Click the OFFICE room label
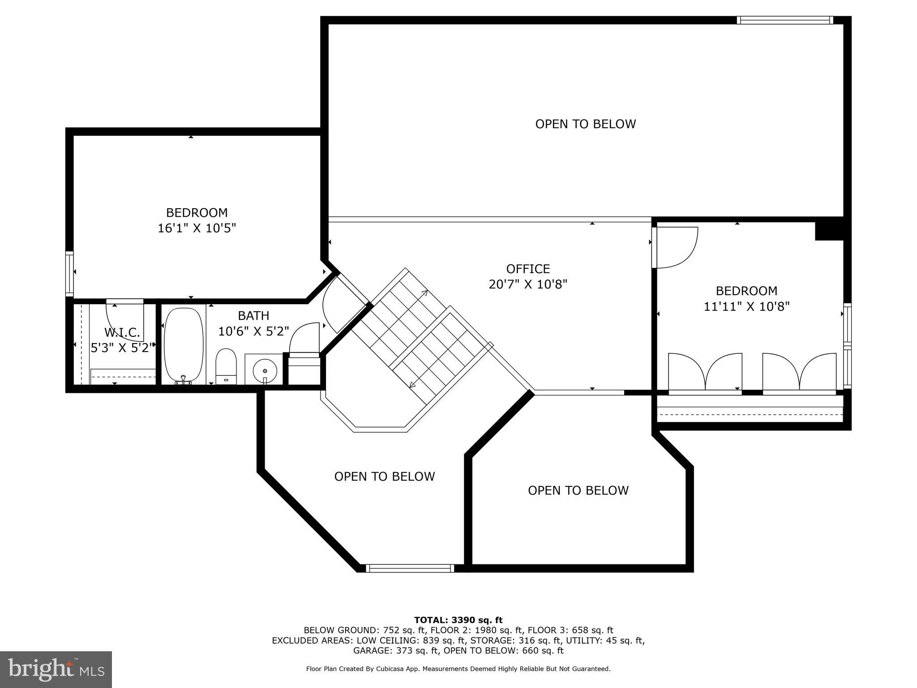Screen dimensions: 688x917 click(528, 269)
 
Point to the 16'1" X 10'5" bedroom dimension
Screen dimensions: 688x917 click(197, 228)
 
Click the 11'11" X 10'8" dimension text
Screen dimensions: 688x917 click(746, 307)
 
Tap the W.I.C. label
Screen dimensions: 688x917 click(122, 332)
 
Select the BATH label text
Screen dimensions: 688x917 click(253, 316)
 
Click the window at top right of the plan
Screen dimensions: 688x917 click(784, 20)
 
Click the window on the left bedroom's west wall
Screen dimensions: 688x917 click(69, 273)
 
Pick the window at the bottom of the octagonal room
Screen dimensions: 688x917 click(410, 568)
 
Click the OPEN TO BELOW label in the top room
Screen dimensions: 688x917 click(585, 124)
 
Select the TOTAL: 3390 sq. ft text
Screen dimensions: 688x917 click(458, 620)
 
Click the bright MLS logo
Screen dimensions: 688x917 click(56, 669)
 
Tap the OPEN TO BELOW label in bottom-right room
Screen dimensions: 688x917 click(578, 490)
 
